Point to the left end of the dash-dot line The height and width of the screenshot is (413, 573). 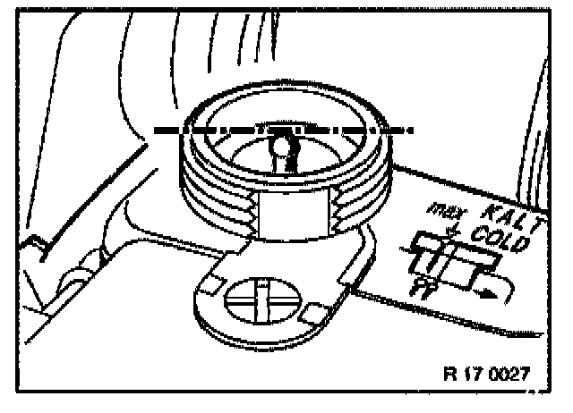158,131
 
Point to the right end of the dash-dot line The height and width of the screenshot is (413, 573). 414,131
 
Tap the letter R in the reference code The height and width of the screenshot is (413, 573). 449,373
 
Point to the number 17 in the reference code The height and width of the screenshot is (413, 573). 471,373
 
